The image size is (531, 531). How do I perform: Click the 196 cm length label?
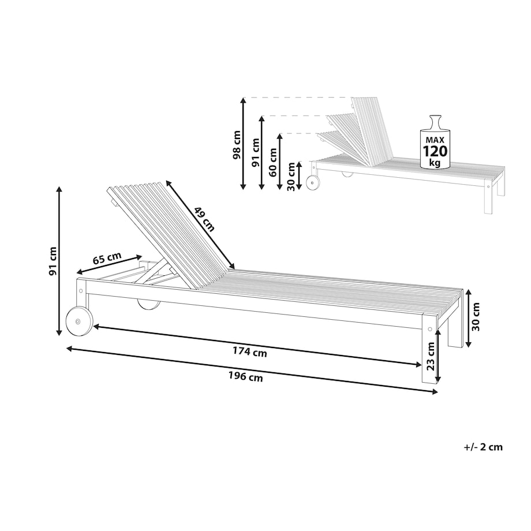245,376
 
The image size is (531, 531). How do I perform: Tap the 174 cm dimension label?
249,352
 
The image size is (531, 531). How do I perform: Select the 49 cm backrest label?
205,219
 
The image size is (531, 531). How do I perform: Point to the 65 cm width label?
107,259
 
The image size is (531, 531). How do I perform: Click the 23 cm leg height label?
430,356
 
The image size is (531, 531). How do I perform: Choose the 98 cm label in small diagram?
237,145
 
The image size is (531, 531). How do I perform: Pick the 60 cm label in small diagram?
272,162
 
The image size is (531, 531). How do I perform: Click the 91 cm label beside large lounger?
53,261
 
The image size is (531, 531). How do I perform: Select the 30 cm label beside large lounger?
476,317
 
